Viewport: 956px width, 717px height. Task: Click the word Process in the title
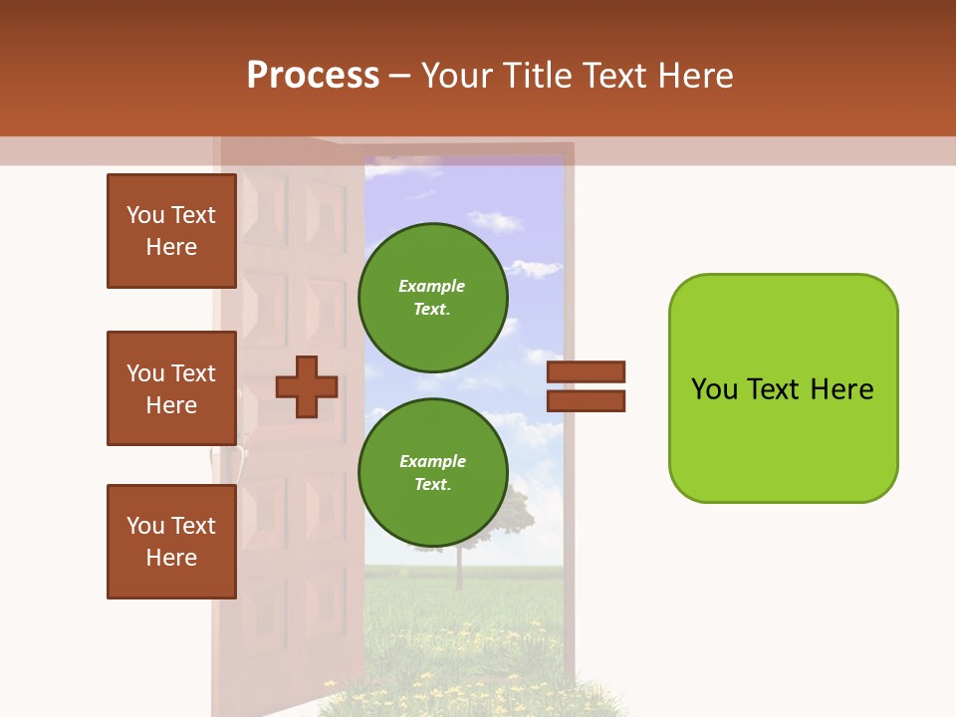tap(313, 76)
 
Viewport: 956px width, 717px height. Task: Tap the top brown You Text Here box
tap(171, 231)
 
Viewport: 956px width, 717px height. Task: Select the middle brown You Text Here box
tap(171, 388)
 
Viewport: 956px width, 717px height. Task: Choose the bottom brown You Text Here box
tap(171, 542)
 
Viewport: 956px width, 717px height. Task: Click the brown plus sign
tap(306, 386)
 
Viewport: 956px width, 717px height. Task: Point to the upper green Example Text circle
tap(432, 298)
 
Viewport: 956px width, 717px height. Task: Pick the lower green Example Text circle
tap(432, 473)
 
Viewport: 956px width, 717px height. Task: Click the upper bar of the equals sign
tap(586, 372)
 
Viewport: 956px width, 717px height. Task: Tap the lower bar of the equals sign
tap(586, 400)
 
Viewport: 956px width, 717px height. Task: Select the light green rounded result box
tap(783, 388)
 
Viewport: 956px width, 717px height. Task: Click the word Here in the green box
tap(841, 389)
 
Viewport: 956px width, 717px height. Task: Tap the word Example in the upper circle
tap(432, 287)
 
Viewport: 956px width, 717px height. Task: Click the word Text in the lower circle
tap(432, 485)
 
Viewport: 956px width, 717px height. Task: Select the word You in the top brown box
tap(145, 215)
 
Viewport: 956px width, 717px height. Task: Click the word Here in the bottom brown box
tap(171, 558)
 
